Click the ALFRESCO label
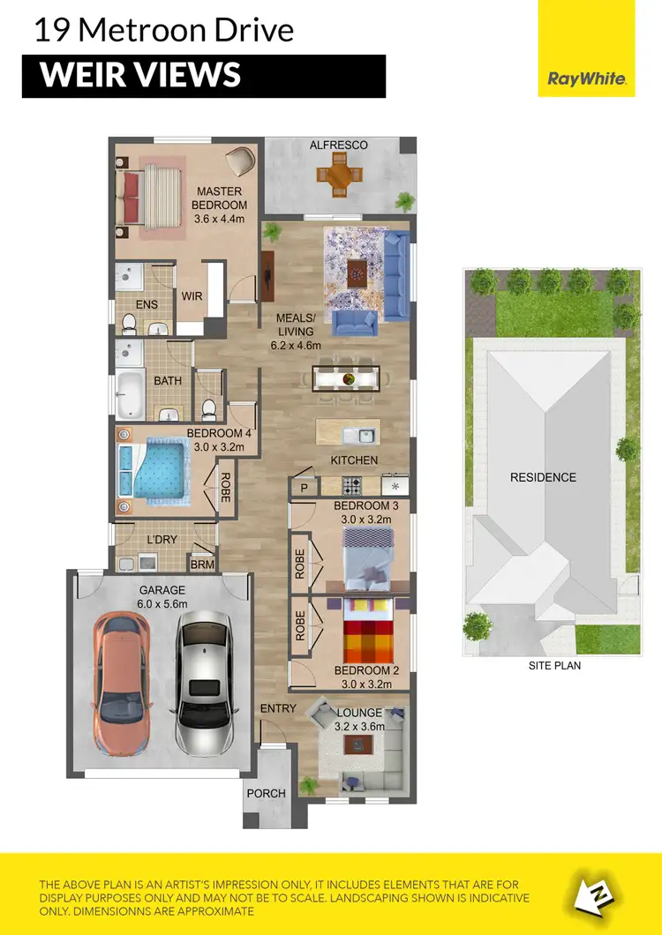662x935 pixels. (338, 145)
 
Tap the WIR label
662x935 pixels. (192, 297)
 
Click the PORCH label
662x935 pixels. (266, 793)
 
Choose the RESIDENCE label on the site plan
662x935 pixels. (543, 477)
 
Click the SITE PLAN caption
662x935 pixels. (554, 666)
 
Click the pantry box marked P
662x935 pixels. (305, 487)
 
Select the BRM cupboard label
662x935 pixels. (202, 565)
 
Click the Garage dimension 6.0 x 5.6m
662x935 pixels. (161, 604)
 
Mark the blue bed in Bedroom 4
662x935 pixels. (157, 471)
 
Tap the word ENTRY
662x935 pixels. (278, 708)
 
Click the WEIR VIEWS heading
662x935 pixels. (141, 76)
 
